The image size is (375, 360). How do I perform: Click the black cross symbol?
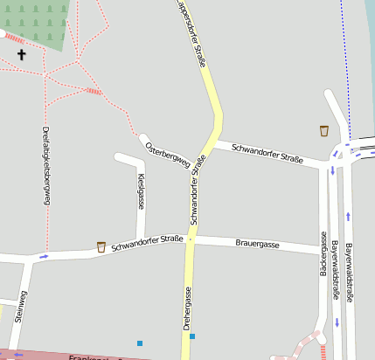[x=22, y=54]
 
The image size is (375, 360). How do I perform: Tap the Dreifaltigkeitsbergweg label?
[x=45, y=166]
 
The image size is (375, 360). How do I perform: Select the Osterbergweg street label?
[x=167, y=153]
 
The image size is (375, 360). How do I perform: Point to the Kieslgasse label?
[x=141, y=191]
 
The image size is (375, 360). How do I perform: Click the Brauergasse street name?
[x=258, y=244]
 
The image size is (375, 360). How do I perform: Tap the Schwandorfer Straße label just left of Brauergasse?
[x=147, y=242]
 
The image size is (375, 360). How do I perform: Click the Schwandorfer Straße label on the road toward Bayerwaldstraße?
[x=267, y=154]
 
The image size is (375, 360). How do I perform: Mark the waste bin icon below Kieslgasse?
[x=101, y=246]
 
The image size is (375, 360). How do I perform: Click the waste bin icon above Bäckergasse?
[x=324, y=131]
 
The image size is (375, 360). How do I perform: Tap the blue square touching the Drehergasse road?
[x=192, y=336]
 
